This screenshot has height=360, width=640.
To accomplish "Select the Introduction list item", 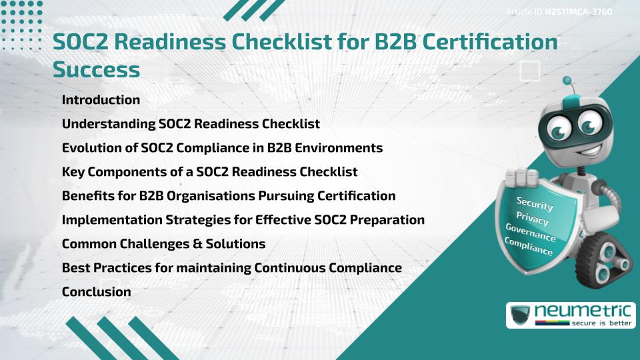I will [x=101, y=100].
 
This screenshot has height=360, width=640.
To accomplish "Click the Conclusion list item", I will [x=96, y=291].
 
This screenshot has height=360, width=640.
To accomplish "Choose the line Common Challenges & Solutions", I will [x=163, y=244].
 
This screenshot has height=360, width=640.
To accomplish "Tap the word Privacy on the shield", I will [x=533, y=219].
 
